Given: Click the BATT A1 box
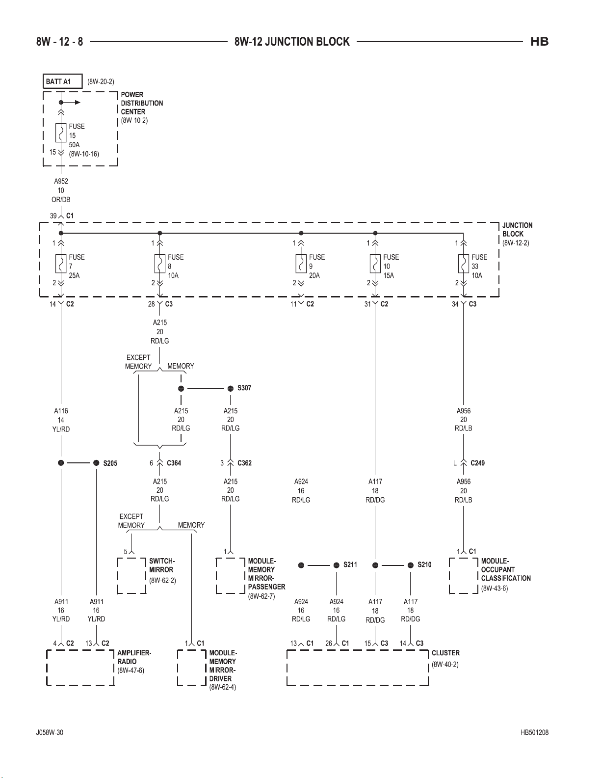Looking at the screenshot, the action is click(x=63, y=81).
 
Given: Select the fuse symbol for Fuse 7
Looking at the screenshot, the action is click(x=61, y=264).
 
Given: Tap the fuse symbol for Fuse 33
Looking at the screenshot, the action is click(x=463, y=264).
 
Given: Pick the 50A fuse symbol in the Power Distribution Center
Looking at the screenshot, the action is click(x=61, y=133).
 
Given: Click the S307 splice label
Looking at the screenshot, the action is click(x=244, y=388).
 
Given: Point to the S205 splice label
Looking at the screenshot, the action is click(x=110, y=463).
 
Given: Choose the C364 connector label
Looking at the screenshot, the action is click(x=174, y=463).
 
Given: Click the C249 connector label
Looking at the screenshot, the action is click(x=477, y=463).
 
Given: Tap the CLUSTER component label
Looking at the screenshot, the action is click(x=445, y=653).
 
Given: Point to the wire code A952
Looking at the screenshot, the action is click(x=61, y=181).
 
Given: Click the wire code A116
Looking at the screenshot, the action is click(x=61, y=411).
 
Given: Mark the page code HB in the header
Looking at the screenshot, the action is click(x=540, y=42).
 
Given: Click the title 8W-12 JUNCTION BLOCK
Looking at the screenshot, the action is click(x=292, y=42).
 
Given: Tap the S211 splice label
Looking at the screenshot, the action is click(x=350, y=564).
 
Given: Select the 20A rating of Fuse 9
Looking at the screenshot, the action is click(x=314, y=275).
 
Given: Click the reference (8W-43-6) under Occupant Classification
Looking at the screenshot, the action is click(x=495, y=588).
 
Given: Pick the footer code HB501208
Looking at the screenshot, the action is click(x=534, y=732).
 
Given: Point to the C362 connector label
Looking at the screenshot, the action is click(x=244, y=463).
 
